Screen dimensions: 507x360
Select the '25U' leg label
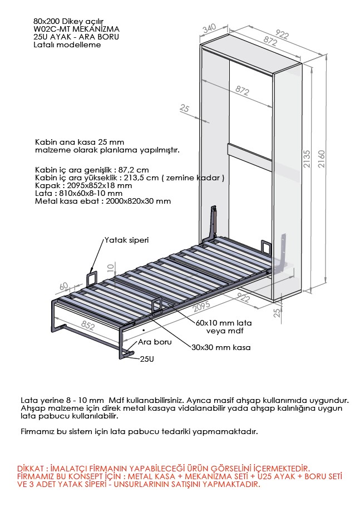[147, 359]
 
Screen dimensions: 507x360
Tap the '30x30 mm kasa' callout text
[221, 347]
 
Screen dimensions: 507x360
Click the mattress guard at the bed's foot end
[92, 277]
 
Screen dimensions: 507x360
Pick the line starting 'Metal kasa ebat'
[102, 201]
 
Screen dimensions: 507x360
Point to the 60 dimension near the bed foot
[63, 286]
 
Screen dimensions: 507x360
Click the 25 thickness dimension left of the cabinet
[185, 109]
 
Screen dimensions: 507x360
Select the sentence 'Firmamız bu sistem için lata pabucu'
[139, 431]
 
